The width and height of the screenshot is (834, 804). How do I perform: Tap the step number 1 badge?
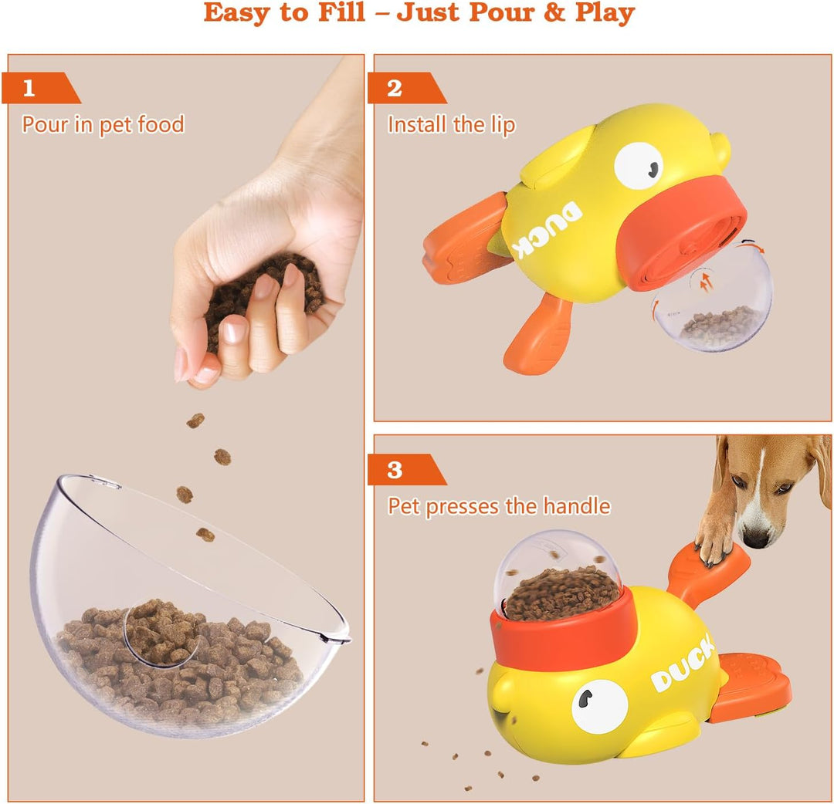tap(30, 88)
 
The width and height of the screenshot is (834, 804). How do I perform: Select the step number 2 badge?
tap(395, 88)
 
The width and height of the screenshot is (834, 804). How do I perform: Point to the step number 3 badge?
tap(395, 470)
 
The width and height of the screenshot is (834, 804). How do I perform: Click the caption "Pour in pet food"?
tap(103, 124)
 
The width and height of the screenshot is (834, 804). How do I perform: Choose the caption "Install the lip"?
tap(451, 125)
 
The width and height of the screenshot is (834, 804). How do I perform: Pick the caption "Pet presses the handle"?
tap(499, 506)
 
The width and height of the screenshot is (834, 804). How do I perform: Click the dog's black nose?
tap(757, 538)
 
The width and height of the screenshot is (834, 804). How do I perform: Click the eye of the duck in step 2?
tap(639, 165)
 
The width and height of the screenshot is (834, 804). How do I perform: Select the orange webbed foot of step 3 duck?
tap(749, 687)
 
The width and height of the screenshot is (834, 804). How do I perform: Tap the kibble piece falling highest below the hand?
tap(195, 421)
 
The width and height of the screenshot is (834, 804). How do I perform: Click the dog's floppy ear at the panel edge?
tap(819, 471)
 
